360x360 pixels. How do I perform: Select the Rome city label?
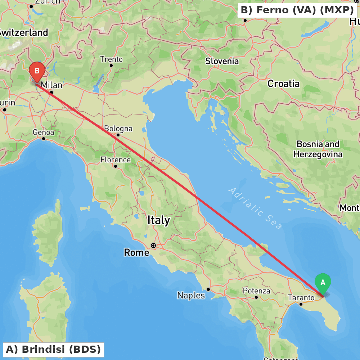click(x=136, y=253)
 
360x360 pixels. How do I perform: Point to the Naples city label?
click(x=191, y=296)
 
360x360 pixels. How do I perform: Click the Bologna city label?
click(x=118, y=129)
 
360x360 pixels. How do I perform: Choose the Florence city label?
click(x=116, y=159)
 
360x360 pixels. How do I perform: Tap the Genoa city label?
click(x=43, y=132)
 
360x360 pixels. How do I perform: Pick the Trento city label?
click(x=111, y=59)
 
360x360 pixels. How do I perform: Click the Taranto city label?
click(x=301, y=298)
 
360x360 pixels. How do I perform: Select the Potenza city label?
click(x=256, y=291)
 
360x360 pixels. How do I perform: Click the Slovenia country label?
click(x=222, y=61)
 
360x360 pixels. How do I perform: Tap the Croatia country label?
click(x=283, y=84)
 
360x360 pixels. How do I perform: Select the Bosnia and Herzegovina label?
click(x=318, y=149)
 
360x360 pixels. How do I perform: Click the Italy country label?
click(x=159, y=220)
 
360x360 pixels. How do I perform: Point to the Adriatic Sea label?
click(x=255, y=208)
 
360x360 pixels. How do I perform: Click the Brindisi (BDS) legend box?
click(x=53, y=350)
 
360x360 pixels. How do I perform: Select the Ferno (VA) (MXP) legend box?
click(x=297, y=10)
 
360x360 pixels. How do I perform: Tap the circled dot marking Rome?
click(x=153, y=246)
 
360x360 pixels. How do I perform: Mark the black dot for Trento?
click(x=111, y=66)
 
